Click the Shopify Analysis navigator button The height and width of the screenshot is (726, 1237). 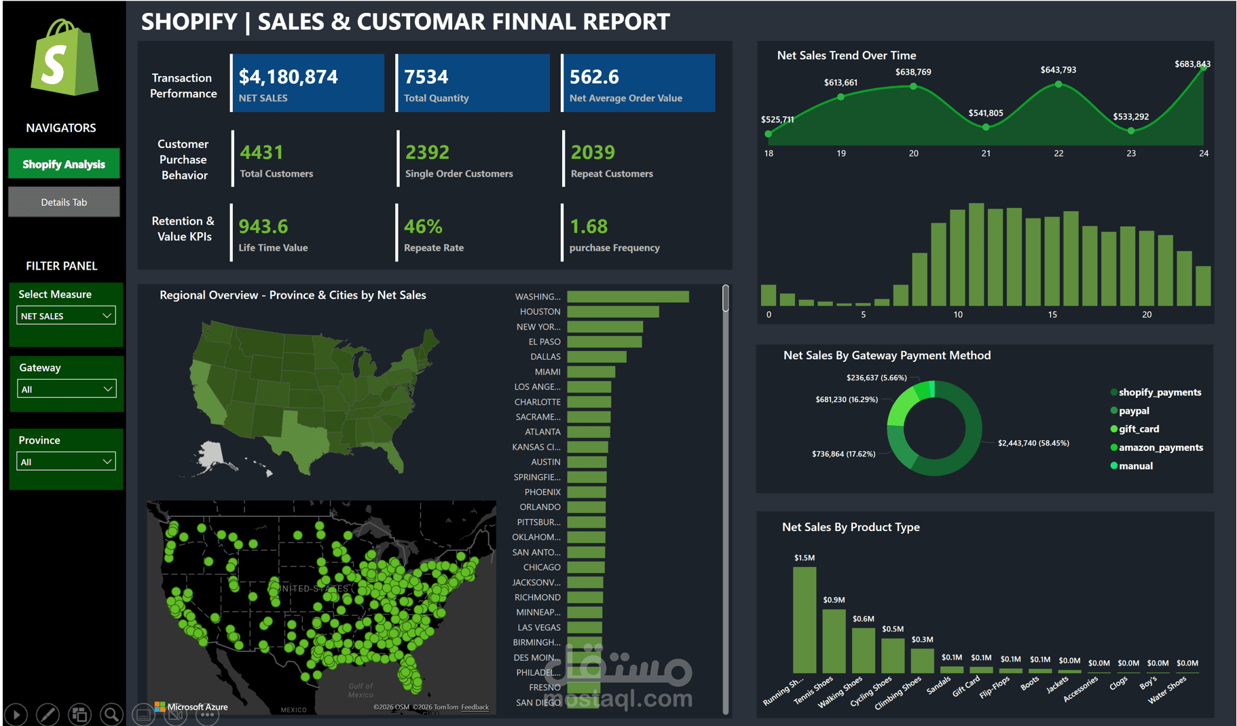click(x=64, y=164)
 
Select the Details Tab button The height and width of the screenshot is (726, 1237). click(x=64, y=202)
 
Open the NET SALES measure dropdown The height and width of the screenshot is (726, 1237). click(x=66, y=316)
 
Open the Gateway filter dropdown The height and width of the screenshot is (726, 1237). click(x=66, y=389)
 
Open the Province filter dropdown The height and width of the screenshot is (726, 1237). click(x=66, y=462)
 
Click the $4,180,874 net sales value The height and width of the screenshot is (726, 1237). click(x=288, y=77)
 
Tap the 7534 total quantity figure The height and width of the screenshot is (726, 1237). click(x=426, y=77)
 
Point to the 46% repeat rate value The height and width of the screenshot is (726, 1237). click(x=423, y=226)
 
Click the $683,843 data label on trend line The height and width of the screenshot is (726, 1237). click(x=1192, y=64)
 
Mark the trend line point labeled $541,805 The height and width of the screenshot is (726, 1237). click(x=986, y=127)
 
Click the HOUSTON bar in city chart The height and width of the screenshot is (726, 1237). click(x=612, y=312)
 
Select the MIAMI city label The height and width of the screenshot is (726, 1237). click(x=547, y=371)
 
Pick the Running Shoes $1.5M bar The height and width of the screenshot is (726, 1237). click(x=805, y=619)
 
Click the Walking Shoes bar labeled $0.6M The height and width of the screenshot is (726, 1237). click(x=863, y=650)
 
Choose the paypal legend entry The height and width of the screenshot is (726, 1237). click(x=1134, y=411)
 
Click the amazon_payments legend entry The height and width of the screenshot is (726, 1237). click(x=1160, y=448)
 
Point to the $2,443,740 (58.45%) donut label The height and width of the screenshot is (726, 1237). click(x=1033, y=443)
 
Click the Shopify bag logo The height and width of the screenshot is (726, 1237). click(x=64, y=58)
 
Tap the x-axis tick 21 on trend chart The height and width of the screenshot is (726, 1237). click(x=986, y=153)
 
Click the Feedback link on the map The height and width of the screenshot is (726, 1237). click(x=475, y=707)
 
